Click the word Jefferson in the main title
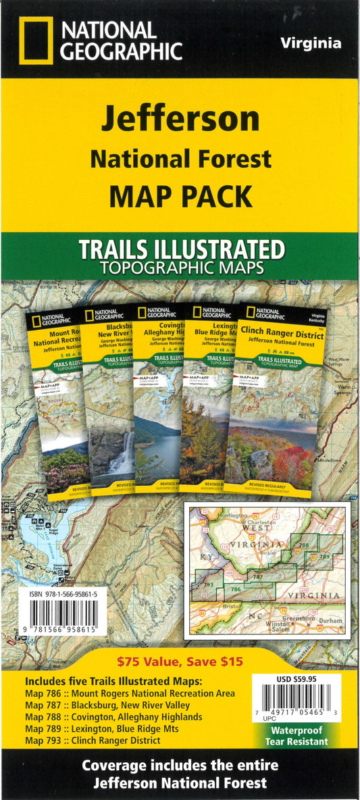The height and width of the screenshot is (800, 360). [x=180, y=120]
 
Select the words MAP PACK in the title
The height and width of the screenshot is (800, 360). [x=180, y=195]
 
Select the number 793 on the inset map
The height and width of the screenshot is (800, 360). [x=208, y=584]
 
